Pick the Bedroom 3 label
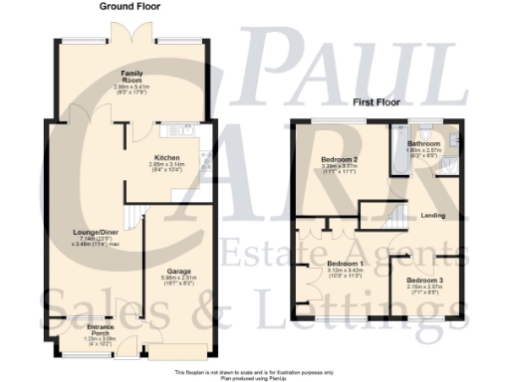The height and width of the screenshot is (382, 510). (x=424, y=281)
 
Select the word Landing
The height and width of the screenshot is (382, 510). (x=432, y=216)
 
